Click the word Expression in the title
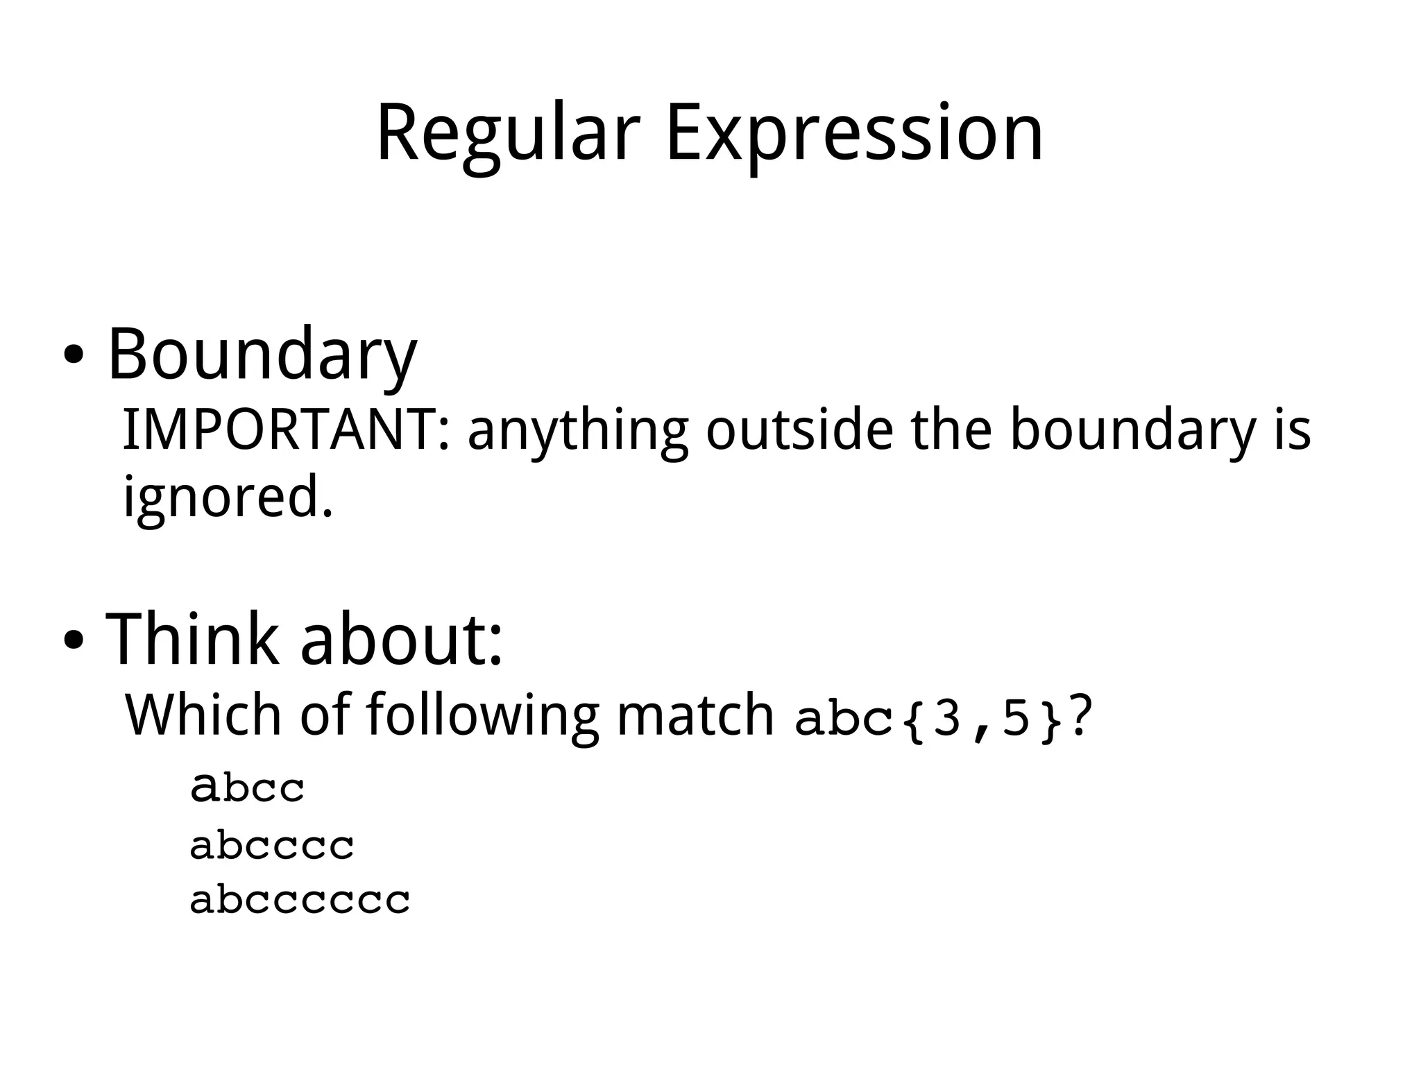[x=854, y=133]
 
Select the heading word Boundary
[x=262, y=355]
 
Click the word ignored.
[x=228, y=497]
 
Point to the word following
[x=482, y=716]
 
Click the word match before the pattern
[x=695, y=715]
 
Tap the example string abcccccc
[x=300, y=901]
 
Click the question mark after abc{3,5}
[x=1080, y=715]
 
